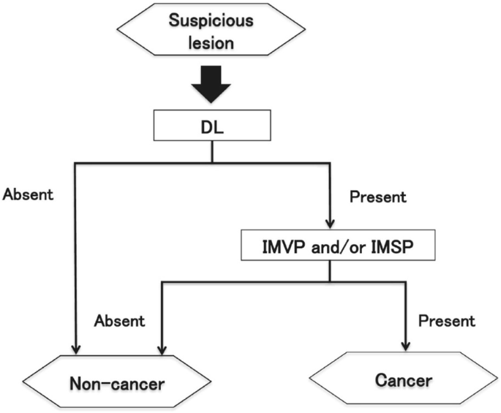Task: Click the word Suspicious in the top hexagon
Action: pyautogui.click(x=212, y=20)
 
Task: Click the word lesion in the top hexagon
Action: pyautogui.click(x=212, y=42)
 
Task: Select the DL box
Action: pyautogui.click(x=212, y=125)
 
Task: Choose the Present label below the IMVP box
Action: pyautogui.click(x=446, y=320)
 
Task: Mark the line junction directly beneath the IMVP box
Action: pyautogui.click(x=330, y=280)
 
